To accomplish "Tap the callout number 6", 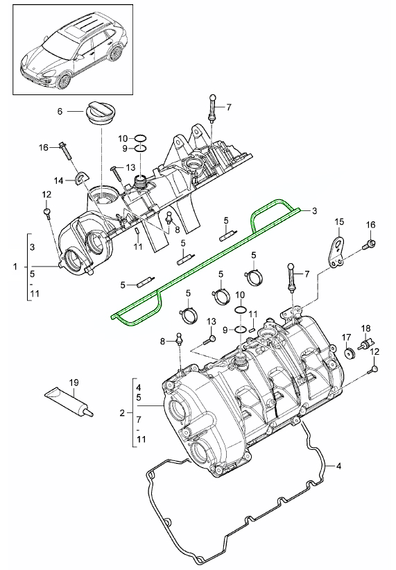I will pyautogui.click(x=60, y=111).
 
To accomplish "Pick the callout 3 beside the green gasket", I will pyautogui.click(x=314, y=210).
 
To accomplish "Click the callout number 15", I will pyautogui.click(x=339, y=222).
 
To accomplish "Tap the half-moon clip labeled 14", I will pyautogui.click(x=84, y=178).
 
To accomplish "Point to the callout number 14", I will pyautogui.click(x=60, y=181).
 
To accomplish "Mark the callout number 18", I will pyautogui.click(x=365, y=326).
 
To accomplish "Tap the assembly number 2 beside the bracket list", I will pyautogui.click(x=122, y=412).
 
